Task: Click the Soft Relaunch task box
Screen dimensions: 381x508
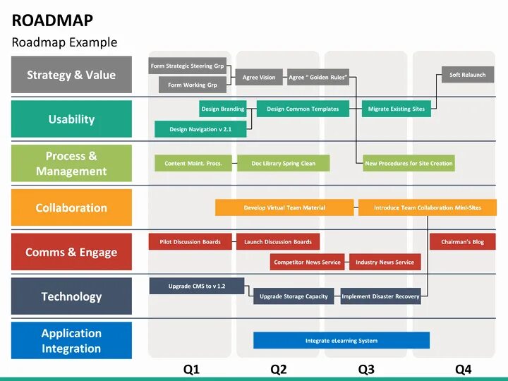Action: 468,75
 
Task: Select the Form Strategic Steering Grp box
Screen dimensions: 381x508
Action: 188,66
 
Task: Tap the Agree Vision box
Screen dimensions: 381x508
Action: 259,78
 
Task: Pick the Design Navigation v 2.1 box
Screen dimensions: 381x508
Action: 200,129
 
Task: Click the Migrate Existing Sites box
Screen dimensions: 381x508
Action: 397,109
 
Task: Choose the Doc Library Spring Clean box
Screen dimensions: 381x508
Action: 283,163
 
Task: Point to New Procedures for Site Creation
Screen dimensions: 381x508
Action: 409,163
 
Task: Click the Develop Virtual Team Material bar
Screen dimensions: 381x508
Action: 284,207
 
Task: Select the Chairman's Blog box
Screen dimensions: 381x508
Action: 462,242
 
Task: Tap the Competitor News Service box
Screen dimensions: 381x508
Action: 307,262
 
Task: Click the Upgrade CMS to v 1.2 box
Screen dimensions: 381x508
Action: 196,286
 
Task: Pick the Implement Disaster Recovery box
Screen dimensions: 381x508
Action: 380,296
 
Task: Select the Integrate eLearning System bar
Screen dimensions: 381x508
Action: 341,341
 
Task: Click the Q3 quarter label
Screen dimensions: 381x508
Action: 365,368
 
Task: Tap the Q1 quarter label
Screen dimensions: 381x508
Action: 191,368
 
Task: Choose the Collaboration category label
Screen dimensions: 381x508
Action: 71,207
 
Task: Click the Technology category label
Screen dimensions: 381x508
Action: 71,296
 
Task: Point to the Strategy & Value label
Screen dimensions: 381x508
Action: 71,75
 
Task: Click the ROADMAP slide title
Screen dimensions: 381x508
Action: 52,20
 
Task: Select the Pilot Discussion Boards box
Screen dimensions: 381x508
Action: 190,242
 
